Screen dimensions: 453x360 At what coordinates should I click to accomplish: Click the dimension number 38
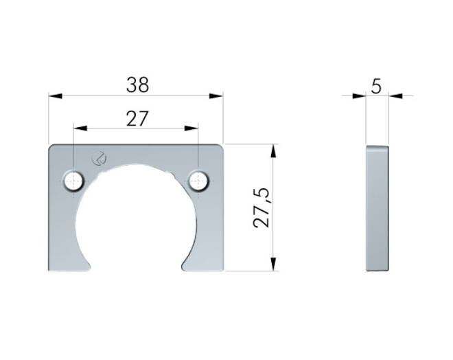click(x=137, y=85)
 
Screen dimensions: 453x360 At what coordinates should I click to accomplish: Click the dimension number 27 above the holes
click(x=137, y=119)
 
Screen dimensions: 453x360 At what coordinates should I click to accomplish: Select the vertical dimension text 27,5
click(x=262, y=208)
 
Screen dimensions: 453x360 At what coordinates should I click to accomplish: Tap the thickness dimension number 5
click(x=376, y=86)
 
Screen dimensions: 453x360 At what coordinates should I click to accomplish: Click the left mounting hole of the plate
click(x=73, y=181)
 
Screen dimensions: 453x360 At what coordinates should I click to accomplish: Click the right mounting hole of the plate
click(x=199, y=181)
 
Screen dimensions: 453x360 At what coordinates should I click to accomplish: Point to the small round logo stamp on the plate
click(x=99, y=159)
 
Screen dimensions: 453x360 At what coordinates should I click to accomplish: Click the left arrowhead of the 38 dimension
click(x=56, y=95)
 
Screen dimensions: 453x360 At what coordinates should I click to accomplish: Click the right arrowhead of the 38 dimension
click(x=216, y=95)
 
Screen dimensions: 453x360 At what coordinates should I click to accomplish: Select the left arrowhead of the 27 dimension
click(x=80, y=128)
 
